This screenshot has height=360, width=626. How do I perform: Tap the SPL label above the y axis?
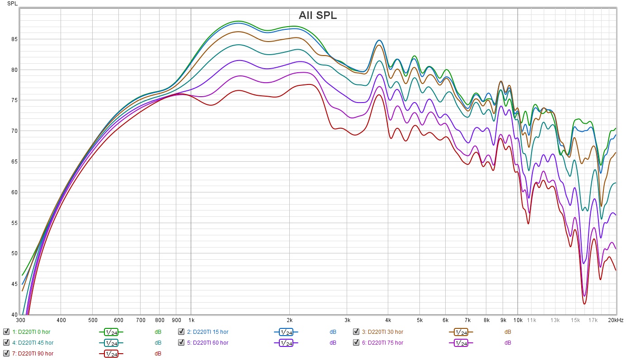pyautogui.click(x=12, y=4)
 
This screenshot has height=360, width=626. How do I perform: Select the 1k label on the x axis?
pyautogui.click(x=190, y=320)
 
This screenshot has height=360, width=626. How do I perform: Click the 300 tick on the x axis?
pyautogui.click(x=20, y=320)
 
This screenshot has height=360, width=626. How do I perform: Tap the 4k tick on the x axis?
pyautogui.click(x=388, y=320)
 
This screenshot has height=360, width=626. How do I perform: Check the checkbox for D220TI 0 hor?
pyautogui.click(x=6, y=332)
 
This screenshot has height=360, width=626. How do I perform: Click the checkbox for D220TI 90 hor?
pyautogui.click(x=6, y=353)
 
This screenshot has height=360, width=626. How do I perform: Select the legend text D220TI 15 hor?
pyautogui.click(x=207, y=332)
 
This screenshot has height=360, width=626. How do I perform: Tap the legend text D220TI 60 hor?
pyautogui.click(x=207, y=342)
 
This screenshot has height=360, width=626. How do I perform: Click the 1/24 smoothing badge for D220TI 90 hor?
pyautogui.click(x=111, y=353)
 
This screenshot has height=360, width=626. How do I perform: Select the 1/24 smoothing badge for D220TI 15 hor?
pyautogui.click(x=286, y=332)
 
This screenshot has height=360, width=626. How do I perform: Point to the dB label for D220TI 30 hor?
pyautogui.click(x=508, y=332)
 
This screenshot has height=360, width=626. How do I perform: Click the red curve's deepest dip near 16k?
pyautogui.click(x=584, y=304)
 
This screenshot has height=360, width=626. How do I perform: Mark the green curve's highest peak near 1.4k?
pyautogui.click(x=239, y=21)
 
